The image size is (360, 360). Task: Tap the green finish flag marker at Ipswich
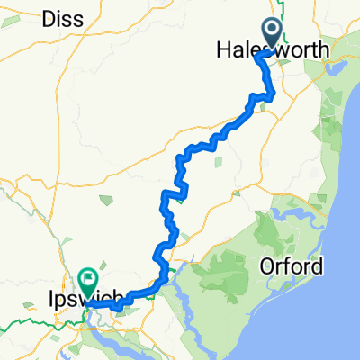(x=87, y=280)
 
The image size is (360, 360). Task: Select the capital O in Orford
(x=266, y=267)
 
